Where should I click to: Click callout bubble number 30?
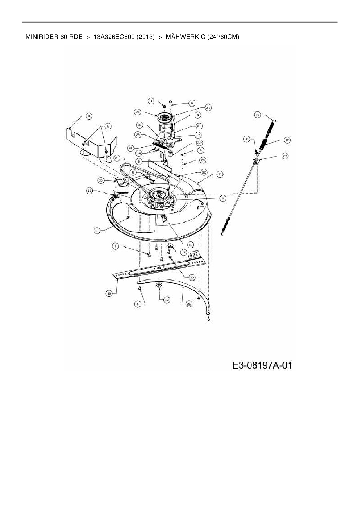coord(88,116)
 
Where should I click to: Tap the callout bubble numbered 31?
coord(208,107)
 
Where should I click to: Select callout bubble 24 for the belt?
coord(117,158)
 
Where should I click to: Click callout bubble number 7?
coord(247,139)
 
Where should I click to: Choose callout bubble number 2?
coord(220,174)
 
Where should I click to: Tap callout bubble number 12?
coord(167,300)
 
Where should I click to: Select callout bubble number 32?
coord(204,172)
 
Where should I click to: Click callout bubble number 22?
coord(199,142)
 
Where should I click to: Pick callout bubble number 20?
coord(101,180)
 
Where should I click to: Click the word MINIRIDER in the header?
coord(42,37)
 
